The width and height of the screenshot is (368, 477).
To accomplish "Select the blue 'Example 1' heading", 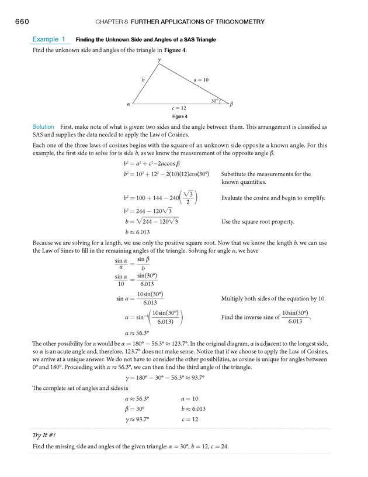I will (x=48, y=39).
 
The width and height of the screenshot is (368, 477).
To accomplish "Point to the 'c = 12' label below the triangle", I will (x=179, y=108).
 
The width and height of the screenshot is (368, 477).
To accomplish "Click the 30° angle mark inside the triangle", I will (x=215, y=101).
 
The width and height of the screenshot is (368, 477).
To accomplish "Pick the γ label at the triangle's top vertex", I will (x=159, y=60).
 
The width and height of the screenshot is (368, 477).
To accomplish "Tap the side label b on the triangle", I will (x=143, y=79).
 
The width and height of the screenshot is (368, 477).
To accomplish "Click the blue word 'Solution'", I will (x=43, y=126).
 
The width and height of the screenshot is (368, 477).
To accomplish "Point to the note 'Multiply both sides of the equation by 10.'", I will (x=273, y=298).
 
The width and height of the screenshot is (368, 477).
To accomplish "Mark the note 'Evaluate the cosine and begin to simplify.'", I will (x=273, y=198).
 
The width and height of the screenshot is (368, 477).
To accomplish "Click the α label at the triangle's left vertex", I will (x=127, y=105).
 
